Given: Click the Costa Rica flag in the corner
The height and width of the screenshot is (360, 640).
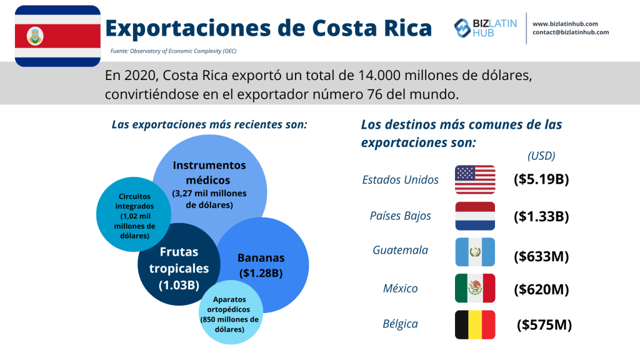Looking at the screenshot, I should (57, 36).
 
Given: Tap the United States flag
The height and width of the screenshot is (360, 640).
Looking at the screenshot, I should (475, 179).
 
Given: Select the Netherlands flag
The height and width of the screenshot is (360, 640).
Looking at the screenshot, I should (475, 216).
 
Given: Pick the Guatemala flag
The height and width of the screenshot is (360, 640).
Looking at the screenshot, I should (475, 252).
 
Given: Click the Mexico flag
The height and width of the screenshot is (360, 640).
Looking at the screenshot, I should (475, 288).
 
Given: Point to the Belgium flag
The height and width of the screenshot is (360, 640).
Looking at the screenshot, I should (475, 324).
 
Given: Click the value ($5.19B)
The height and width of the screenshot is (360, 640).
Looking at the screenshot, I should (541, 180).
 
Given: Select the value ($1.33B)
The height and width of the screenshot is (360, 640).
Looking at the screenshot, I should (541, 216).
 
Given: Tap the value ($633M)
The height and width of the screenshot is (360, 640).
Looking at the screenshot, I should (541, 256).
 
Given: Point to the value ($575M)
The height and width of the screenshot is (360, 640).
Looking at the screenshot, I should (544, 325).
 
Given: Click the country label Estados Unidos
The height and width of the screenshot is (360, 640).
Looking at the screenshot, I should (401, 180).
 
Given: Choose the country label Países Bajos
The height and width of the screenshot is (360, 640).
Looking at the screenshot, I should (401, 216).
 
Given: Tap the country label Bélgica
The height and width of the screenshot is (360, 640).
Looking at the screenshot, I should (401, 324).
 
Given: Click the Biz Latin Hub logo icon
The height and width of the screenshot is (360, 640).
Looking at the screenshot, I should (462, 27).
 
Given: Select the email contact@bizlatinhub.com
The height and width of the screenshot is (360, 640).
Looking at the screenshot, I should (571, 32).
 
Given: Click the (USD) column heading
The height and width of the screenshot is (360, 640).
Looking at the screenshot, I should (541, 156).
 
